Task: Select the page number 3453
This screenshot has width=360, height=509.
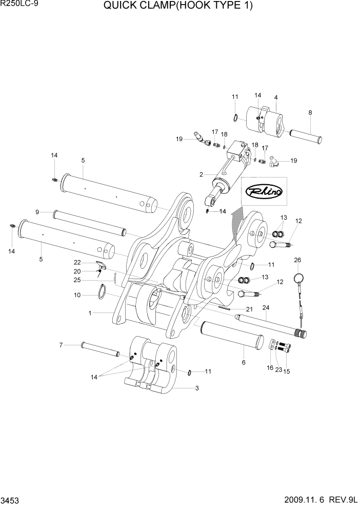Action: pyautogui.click(x=11, y=500)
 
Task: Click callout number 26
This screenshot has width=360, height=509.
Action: pyautogui.click(x=297, y=260)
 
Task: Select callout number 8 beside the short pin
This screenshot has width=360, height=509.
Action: pyautogui.click(x=310, y=112)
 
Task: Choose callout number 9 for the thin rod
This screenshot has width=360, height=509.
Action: pyautogui.click(x=37, y=211)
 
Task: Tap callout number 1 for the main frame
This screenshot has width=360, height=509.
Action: pyautogui.click(x=90, y=312)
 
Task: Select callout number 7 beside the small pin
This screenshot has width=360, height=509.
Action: pyautogui.click(x=61, y=345)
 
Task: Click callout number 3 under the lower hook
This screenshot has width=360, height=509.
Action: pyautogui.click(x=196, y=389)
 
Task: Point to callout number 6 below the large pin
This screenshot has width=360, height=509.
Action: pyautogui.click(x=244, y=362)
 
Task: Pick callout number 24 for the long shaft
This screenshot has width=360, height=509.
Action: pyautogui.click(x=266, y=308)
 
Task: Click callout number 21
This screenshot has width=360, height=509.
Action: pyautogui.click(x=249, y=309)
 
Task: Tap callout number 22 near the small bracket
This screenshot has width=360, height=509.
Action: pyautogui.click(x=77, y=262)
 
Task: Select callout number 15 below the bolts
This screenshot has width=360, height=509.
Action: pyautogui.click(x=286, y=371)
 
